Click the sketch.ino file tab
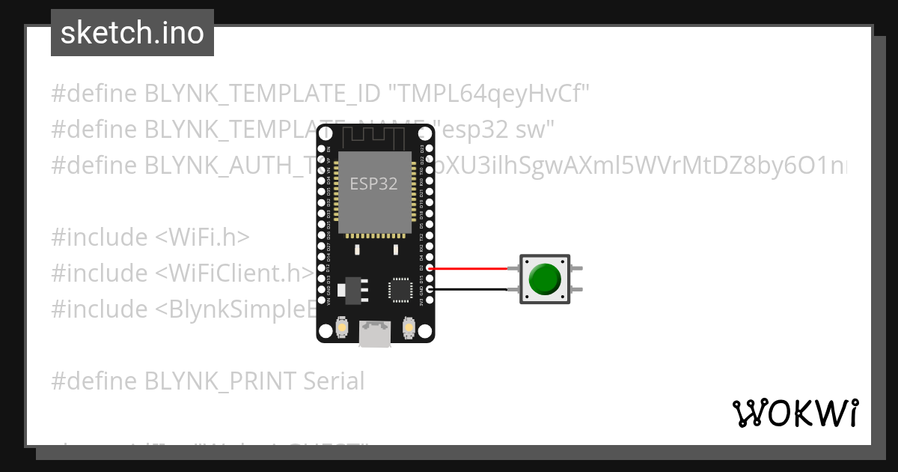pos(132,34)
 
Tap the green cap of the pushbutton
pos(544,279)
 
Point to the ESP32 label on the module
pos(373,183)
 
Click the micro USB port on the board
pos(374,333)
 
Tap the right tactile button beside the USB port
pos(409,327)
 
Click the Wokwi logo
pos(795,413)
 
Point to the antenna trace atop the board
pos(374,137)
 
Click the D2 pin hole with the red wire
pos(429,267)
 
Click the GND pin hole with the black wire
pos(429,289)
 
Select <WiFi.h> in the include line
pos(202,237)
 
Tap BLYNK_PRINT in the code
pos(221,381)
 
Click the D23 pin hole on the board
pos(429,138)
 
